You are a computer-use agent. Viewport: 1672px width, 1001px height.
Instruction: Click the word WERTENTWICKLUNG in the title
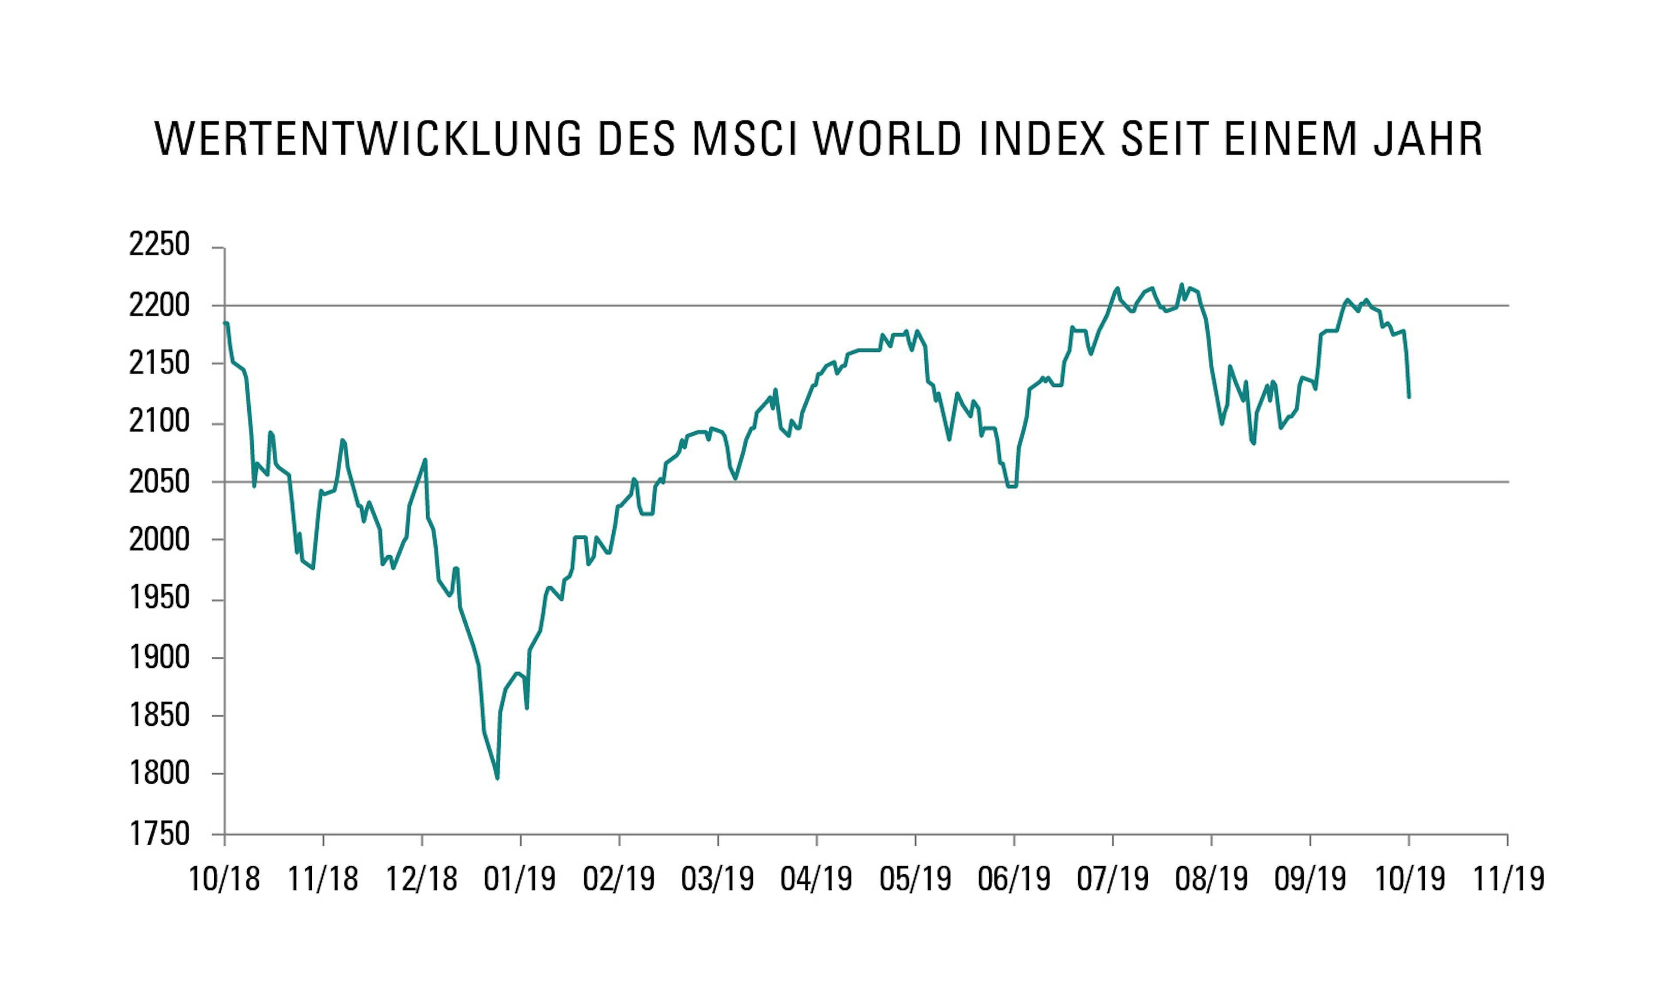pos(368,140)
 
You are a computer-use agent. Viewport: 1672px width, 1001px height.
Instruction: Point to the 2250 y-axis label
pos(159,245)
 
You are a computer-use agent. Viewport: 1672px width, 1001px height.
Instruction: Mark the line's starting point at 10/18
pos(226,323)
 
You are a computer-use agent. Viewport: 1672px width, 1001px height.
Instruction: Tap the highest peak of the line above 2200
pos(1181,284)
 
